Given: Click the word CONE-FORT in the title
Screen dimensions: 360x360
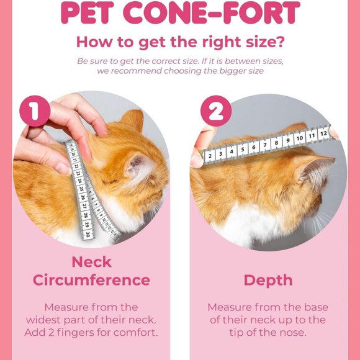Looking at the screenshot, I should pyautogui.click(x=216, y=14).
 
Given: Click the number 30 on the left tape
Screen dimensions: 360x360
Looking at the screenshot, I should pyautogui.click(x=88, y=234).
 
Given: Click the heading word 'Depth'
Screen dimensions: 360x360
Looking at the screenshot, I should pyautogui.click(x=268, y=280).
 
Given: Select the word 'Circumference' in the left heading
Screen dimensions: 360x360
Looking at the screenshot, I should pyautogui.click(x=91, y=280).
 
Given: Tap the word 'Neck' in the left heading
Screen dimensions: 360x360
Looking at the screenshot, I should pyautogui.click(x=91, y=261).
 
